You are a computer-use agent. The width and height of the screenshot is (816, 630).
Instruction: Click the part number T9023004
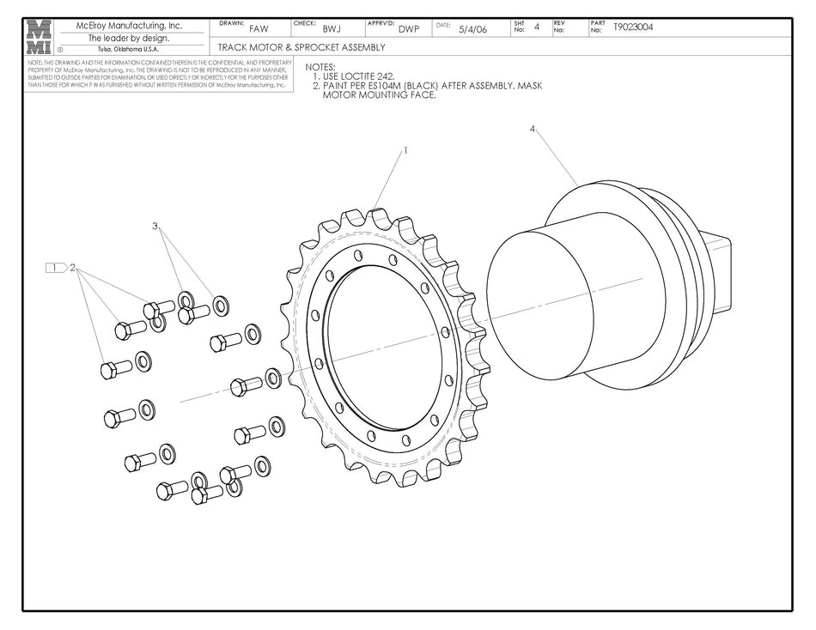coord(633,27)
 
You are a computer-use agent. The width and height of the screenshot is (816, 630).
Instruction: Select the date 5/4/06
coord(472,29)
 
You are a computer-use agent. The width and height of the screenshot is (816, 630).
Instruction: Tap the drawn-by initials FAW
coord(259,29)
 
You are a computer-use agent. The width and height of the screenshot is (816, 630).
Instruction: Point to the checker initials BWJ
coord(332,29)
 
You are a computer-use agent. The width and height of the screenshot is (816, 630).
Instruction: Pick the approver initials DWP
coord(409,29)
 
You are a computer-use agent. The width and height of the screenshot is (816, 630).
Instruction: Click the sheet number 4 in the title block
coord(537,27)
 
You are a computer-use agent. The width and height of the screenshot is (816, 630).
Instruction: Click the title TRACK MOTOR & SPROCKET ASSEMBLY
coord(301,47)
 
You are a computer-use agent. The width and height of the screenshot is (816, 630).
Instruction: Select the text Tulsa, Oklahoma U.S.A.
coord(128,49)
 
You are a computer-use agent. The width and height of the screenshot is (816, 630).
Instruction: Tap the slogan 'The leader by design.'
coord(129,38)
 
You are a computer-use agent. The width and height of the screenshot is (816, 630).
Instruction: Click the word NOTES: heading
coord(320,67)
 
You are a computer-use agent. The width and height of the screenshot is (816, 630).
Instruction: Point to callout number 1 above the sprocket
coord(405,149)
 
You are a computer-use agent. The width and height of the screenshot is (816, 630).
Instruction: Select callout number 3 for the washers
coord(155,226)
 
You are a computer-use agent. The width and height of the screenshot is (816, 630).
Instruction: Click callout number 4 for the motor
coord(533,129)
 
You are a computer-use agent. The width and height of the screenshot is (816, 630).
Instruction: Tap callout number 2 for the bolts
coord(74,268)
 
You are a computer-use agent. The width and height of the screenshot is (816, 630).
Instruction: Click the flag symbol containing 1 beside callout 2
coord(55,268)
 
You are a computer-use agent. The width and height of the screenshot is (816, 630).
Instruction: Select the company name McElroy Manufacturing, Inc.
coord(129,26)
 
